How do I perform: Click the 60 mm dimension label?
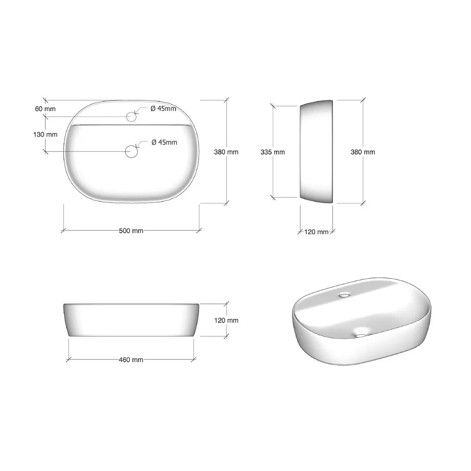coord(45,109)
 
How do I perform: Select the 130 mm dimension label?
coord(45,135)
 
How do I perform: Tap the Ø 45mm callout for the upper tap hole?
coord(163,108)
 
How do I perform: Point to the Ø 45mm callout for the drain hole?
coord(164,142)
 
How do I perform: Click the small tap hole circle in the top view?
coord(131,116)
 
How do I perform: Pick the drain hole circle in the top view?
coord(131,151)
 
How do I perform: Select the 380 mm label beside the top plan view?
coord(226,152)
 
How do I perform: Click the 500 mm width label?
coord(131,231)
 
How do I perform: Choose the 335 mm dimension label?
coord(272,152)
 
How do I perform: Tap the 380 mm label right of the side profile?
coord(363,152)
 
